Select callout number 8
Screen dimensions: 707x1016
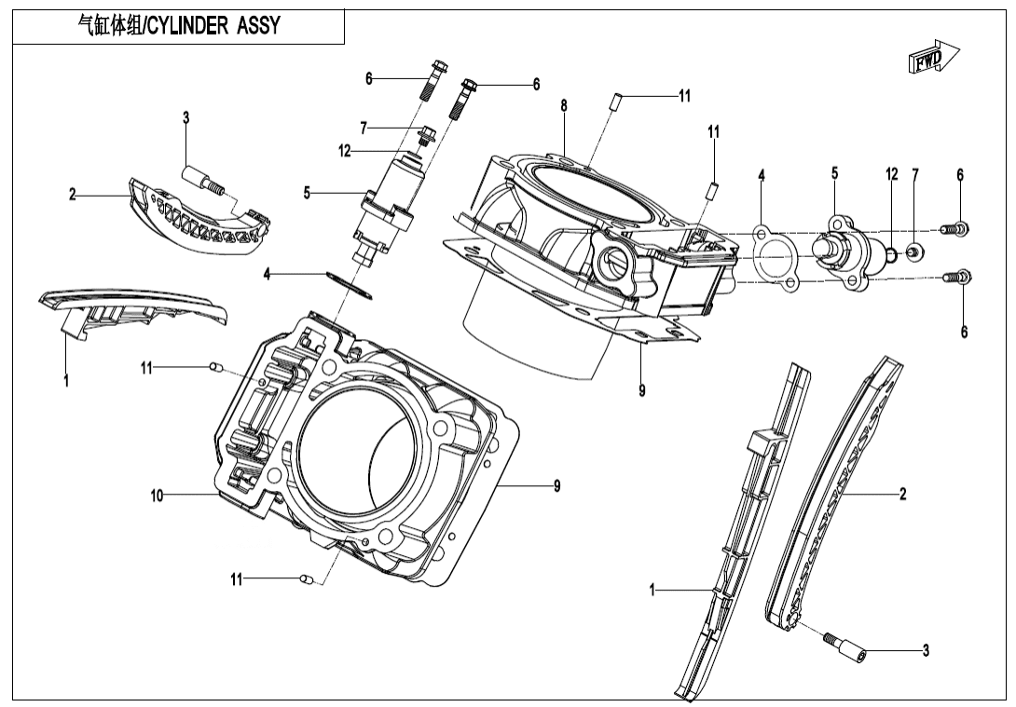tap(564, 106)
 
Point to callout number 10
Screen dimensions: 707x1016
tap(157, 496)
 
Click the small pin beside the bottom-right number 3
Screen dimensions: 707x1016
tap(843, 646)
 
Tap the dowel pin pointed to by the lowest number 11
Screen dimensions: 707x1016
tap(307, 579)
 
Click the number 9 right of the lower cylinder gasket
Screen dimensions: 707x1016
tap(556, 485)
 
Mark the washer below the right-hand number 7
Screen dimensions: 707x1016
tap(916, 252)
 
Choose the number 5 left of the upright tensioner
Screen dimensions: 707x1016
tap(307, 193)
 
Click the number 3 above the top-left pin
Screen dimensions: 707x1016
tap(185, 117)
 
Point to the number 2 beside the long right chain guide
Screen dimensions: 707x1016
tap(902, 495)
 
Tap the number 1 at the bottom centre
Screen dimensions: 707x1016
tap(652, 589)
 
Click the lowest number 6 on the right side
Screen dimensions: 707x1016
tap(964, 332)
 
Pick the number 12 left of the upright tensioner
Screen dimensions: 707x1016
tap(345, 150)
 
